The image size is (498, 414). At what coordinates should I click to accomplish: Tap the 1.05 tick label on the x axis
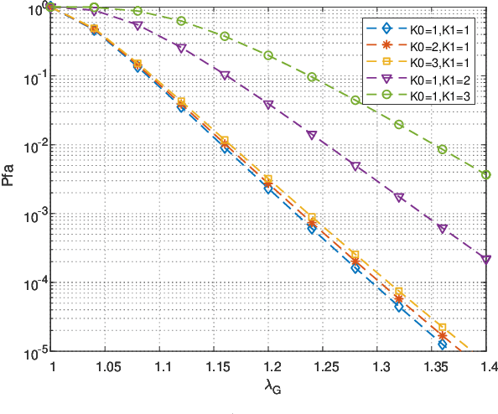pos(106,368)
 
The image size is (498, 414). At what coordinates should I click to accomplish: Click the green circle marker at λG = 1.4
pos(486,174)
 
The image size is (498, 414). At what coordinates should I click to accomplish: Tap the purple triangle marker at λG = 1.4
pos(486,260)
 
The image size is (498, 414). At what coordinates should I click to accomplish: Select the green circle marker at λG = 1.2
pos(268,55)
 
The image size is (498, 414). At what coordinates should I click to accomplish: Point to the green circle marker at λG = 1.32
pos(399,125)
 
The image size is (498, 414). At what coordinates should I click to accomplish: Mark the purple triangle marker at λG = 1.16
pos(225,75)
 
